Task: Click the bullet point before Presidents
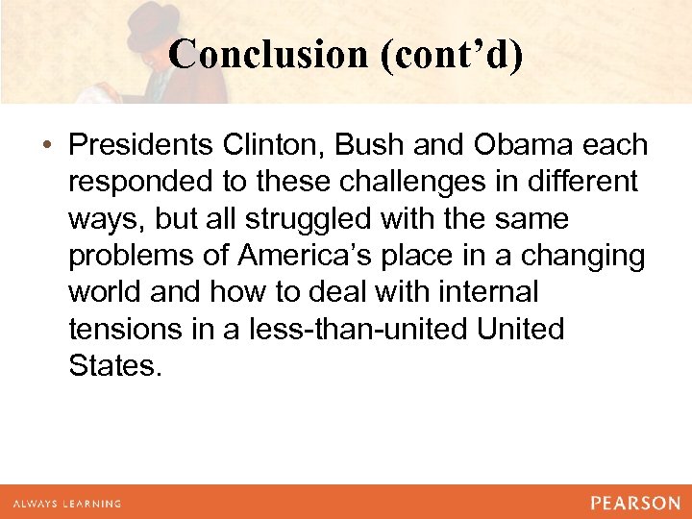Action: (47, 146)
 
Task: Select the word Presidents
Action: (143, 146)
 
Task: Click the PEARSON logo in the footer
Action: (635, 503)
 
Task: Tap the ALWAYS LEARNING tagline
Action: (66, 504)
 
